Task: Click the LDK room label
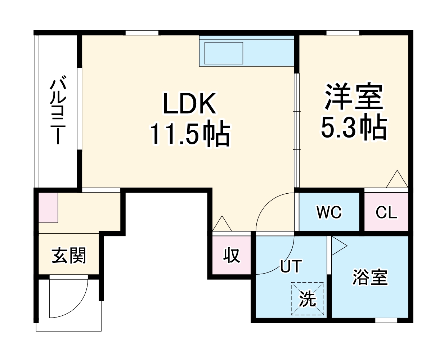click(x=190, y=104)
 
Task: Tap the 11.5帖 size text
click(x=190, y=134)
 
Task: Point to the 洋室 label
click(x=354, y=96)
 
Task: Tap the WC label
click(x=329, y=212)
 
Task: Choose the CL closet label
click(x=386, y=212)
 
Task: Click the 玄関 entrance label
click(x=69, y=256)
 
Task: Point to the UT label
click(x=290, y=266)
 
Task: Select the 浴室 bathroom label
click(x=370, y=277)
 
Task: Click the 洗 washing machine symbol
click(x=308, y=299)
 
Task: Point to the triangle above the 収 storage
click(x=222, y=224)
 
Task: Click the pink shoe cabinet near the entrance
click(x=48, y=208)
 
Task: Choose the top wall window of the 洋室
click(x=342, y=33)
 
